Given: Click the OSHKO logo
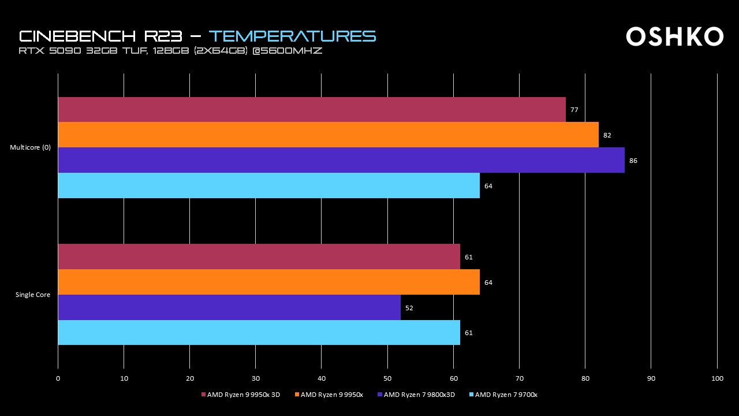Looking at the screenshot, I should point(674,36).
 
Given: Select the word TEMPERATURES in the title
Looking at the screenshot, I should point(292,36).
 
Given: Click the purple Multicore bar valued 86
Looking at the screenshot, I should point(341,160).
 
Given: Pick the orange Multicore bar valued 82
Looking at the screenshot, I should point(328,135).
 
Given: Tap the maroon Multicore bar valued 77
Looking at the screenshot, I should point(312,109).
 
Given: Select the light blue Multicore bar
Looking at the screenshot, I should point(268,185).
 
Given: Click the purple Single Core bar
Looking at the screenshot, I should point(229,307).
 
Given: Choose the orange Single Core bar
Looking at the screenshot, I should point(268,282).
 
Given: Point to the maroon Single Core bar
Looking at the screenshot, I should point(259,257).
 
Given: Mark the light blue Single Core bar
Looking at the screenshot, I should point(259,333).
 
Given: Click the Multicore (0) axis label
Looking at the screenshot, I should point(30,147).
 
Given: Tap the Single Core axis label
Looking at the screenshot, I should point(33,295).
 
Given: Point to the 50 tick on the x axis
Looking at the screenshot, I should point(387,378).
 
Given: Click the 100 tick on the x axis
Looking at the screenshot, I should point(717,378).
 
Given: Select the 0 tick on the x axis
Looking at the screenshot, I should point(58,378).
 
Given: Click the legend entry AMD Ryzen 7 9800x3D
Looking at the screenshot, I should point(416,395).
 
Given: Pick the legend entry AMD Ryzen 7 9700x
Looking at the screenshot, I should point(504,395).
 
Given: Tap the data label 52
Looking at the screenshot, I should point(409,308).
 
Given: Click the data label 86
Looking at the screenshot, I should point(633,161).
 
